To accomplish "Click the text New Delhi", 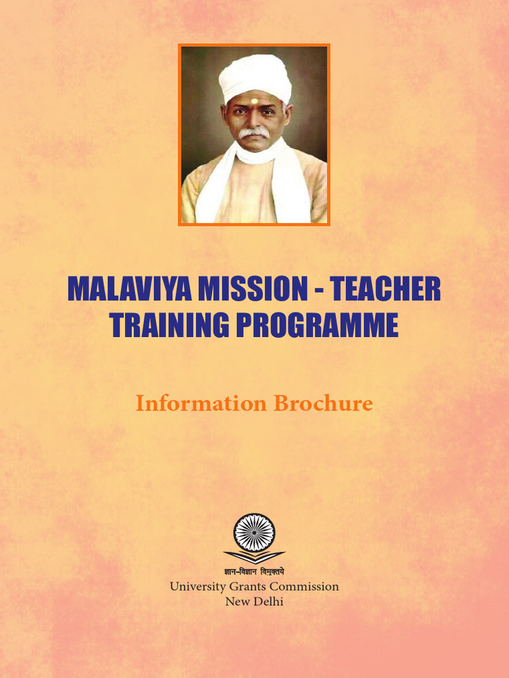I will click(254, 602).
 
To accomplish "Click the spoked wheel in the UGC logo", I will click(254, 533).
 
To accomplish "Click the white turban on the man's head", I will click(255, 76).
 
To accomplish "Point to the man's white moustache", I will click(254, 133).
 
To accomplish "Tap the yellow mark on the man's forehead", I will click(254, 101).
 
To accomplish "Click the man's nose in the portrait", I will click(254, 121).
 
